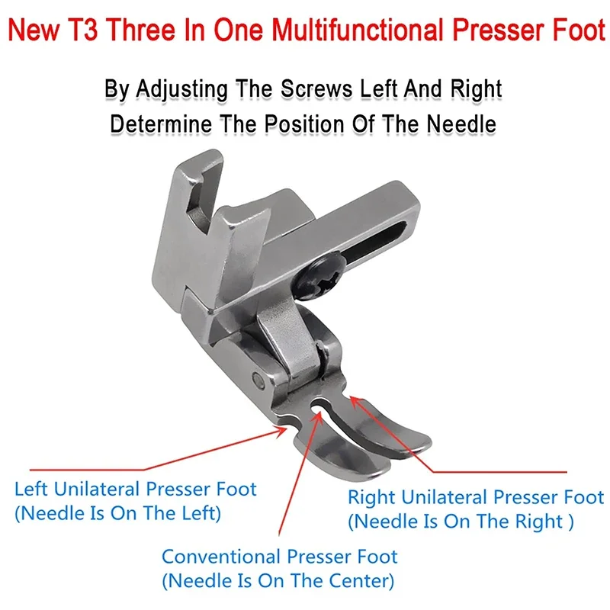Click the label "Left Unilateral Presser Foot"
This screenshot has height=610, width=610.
click(136, 488)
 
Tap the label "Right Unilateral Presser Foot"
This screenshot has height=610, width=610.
click(476, 498)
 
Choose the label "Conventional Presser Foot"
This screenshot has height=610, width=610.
click(280, 557)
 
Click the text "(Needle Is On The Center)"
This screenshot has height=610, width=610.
click(278, 583)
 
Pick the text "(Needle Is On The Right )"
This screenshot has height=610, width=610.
click(461, 523)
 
